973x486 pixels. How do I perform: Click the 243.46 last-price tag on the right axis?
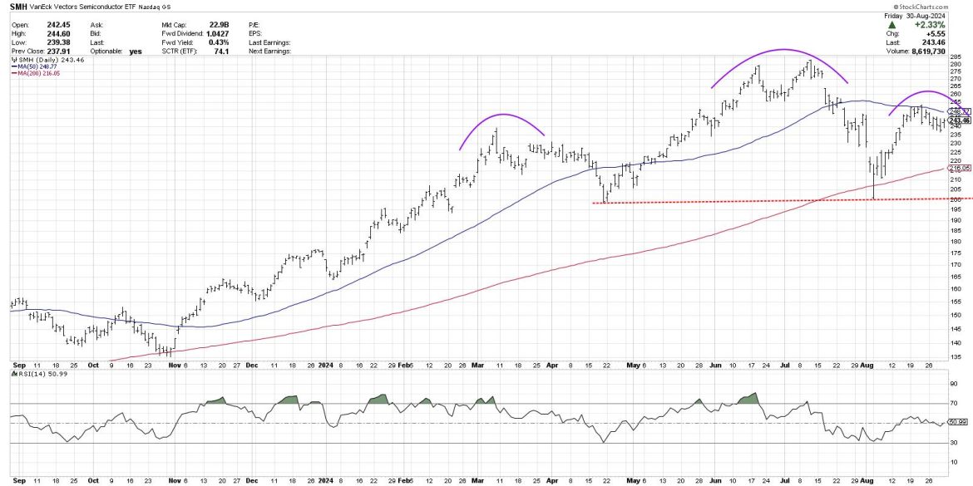(x=960, y=120)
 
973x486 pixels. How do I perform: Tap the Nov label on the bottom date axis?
(x=172, y=364)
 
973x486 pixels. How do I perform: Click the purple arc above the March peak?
(x=502, y=114)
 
